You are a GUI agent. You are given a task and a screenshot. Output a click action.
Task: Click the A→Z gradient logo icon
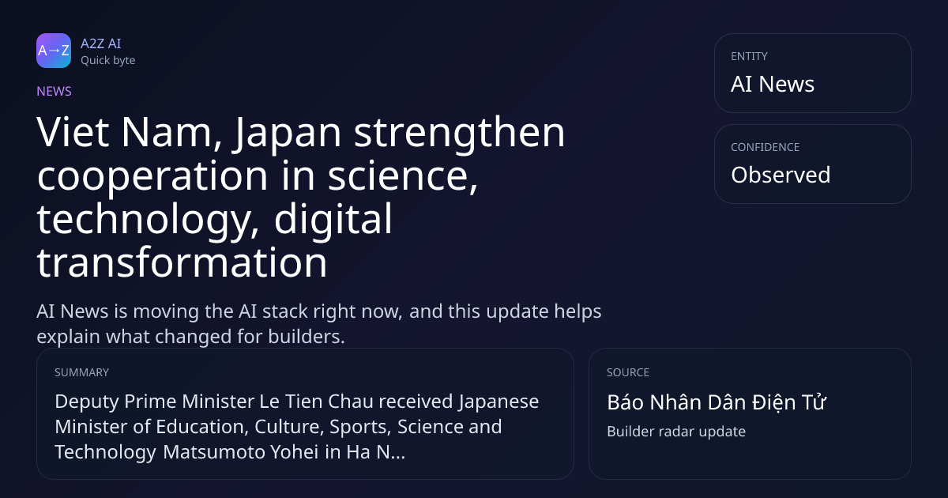(x=54, y=51)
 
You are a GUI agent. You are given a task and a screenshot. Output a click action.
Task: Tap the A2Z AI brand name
(x=101, y=43)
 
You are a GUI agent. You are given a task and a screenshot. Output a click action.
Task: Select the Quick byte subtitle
(x=108, y=61)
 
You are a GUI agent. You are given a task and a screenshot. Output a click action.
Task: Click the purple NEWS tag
(x=55, y=91)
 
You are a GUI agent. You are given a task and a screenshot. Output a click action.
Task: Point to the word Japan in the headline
(x=287, y=134)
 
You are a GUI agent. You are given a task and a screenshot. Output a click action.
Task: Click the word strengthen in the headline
(x=460, y=134)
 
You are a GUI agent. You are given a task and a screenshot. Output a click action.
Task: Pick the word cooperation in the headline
(x=152, y=177)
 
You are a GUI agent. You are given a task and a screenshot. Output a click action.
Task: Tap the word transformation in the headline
(x=182, y=262)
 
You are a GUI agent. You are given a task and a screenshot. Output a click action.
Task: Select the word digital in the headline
(x=333, y=220)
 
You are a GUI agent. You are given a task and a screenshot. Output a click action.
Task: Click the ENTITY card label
(x=749, y=56)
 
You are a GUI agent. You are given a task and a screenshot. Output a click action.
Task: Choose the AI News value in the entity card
(x=773, y=84)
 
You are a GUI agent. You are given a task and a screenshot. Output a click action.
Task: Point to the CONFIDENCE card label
(x=766, y=147)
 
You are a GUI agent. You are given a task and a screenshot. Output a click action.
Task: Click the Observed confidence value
(x=781, y=175)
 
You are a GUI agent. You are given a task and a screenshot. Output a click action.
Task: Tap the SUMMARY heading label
(x=81, y=372)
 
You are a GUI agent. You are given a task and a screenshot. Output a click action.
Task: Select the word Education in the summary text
(x=202, y=426)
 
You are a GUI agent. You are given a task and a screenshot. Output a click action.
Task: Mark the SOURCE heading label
(x=628, y=372)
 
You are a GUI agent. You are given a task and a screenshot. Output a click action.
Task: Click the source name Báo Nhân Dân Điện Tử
(x=716, y=402)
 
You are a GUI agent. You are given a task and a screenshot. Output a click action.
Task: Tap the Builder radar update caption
(x=676, y=432)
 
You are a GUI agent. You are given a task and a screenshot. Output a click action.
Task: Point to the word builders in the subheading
(x=307, y=337)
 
